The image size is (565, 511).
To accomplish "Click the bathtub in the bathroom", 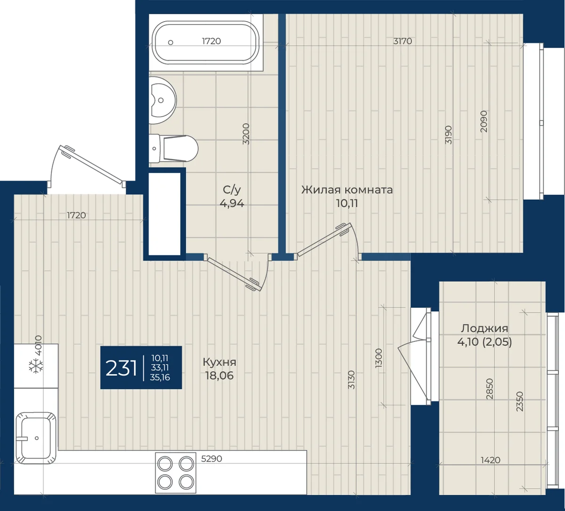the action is click(206, 42).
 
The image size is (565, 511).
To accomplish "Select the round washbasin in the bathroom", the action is click(162, 100).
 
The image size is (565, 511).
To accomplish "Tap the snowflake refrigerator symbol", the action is click(35, 366).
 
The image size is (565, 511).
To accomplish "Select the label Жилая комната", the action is click(347, 190).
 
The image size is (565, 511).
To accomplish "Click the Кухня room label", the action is click(219, 362).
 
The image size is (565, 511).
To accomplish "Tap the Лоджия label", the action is click(484, 328).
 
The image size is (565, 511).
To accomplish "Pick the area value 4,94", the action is click(232, 203).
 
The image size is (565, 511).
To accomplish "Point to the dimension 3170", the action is click(403, 41).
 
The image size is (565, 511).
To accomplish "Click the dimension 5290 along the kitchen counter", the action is click(211, 459).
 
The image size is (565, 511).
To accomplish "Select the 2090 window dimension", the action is click(484, 121).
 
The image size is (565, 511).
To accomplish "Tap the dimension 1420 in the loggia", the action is click(490, 460).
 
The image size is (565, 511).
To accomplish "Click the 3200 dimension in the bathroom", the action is click(246, 134).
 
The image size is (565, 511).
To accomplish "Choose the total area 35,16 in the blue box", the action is click(160, 377).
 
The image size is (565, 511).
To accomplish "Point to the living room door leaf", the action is click(324, 240).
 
